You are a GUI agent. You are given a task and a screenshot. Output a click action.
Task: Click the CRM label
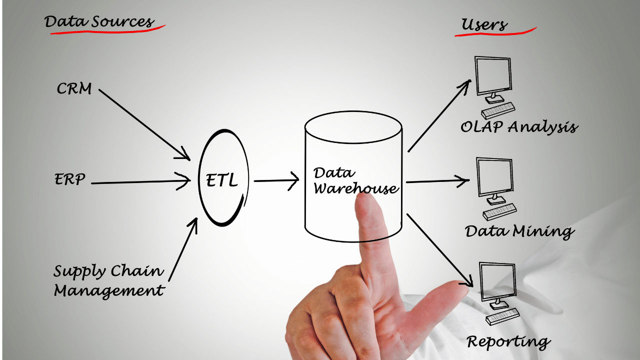[74, 89]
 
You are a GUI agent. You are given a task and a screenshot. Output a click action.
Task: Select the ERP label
[70, 179]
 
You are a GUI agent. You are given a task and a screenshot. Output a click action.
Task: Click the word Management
[109, 290]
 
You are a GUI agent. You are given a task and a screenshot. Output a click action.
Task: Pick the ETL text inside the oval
[222, 180]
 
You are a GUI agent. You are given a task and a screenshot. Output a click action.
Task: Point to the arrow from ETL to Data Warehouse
[275, 180]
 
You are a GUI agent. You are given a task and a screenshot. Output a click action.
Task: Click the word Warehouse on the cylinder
[356, 189]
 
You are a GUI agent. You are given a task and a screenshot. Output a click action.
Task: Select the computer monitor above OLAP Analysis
[493, 76]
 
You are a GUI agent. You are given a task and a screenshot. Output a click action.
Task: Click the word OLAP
[482, 126]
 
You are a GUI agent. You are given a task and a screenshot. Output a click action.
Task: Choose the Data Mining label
[519, 231]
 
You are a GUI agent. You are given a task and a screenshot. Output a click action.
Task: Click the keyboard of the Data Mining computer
[500, 211]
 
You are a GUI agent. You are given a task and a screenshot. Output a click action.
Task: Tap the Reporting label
[508, 342]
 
